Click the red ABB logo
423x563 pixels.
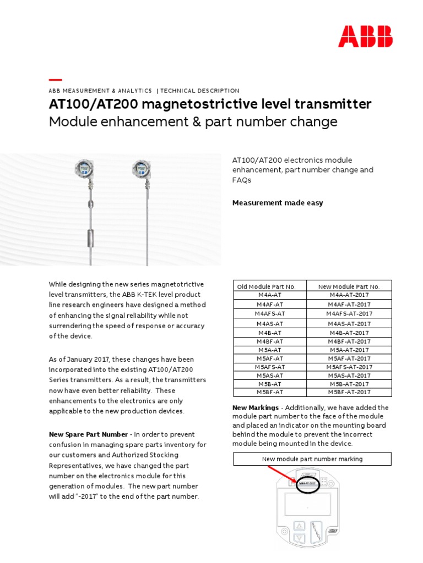point(365,36)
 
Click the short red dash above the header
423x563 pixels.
point(55,80)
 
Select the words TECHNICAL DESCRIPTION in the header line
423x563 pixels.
point(200,91)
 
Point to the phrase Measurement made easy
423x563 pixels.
point(278,203)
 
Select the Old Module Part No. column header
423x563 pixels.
point(266,286)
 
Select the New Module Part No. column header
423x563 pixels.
point(349,286)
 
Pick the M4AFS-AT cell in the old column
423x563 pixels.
point(270,313)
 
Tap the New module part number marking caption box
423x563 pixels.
point(312,459)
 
